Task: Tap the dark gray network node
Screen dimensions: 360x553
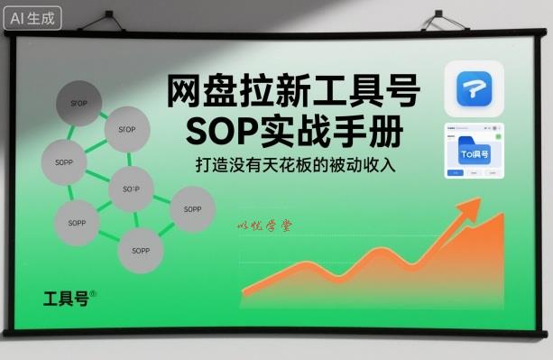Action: [79, 103]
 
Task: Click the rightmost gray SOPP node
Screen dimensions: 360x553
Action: [192, 208]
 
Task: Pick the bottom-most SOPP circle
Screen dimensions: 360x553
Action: [140, 245]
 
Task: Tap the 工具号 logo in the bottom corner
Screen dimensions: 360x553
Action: [69, 298]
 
